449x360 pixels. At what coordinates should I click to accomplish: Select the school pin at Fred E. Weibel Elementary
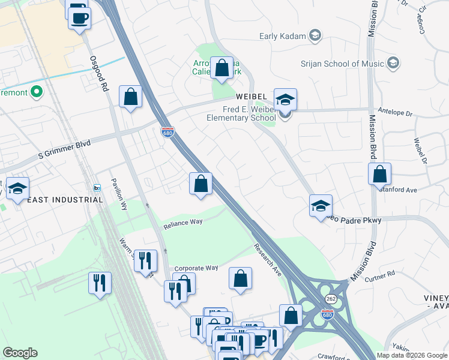click(x=286, y=100)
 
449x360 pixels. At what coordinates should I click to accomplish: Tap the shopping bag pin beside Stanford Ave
click(x=379, y=174)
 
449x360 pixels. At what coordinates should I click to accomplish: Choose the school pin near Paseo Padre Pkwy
click(x=321, y=205)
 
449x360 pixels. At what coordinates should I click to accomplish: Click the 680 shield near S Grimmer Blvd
click(x=168, y=132)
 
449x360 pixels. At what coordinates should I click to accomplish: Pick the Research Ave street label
click(x=267, y=259)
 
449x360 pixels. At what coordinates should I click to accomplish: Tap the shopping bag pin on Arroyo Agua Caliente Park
click(x=222, y=68)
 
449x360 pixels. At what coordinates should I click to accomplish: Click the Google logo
click(x=20, y=353)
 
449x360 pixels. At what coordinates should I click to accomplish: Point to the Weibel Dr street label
click(x=420, y=152)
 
